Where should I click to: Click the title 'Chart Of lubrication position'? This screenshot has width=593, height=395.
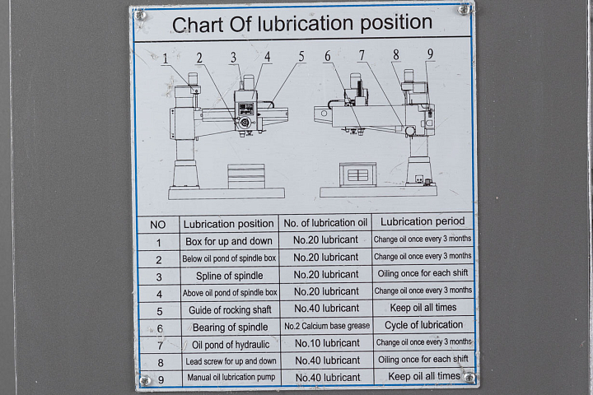pyautogui.click(x=303, y=23)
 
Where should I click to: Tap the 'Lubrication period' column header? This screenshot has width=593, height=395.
pyautogui.click(x=423, y=221)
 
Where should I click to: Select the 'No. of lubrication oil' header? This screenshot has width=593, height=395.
pyautogui.click(x=325, y=223)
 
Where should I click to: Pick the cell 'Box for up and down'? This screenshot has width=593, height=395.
pyautogui.click(x=228, y=242)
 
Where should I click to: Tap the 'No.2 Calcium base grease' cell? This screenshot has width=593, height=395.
pyautogui.click(x=326, y=326)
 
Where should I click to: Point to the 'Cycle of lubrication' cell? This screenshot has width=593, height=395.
pyautogui.click(x=423, y=325)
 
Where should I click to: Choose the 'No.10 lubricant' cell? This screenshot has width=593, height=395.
pyautogui.click(x=326, y=343)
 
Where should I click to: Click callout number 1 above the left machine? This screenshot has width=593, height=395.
pyautogui.click(x=166, y=58)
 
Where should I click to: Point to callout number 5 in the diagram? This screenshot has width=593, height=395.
pyautogui.click(x=301, y=57)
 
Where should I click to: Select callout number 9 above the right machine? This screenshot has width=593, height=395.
pyautogui.click(x=430, y=54)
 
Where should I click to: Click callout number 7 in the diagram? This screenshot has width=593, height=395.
pyautogui.click(x=361, y=55)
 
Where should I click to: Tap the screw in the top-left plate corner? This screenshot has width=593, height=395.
pyautogui.click(x=140, y=14)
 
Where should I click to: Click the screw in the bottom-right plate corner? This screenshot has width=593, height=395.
pyautogui.click(x=469, y=378)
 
